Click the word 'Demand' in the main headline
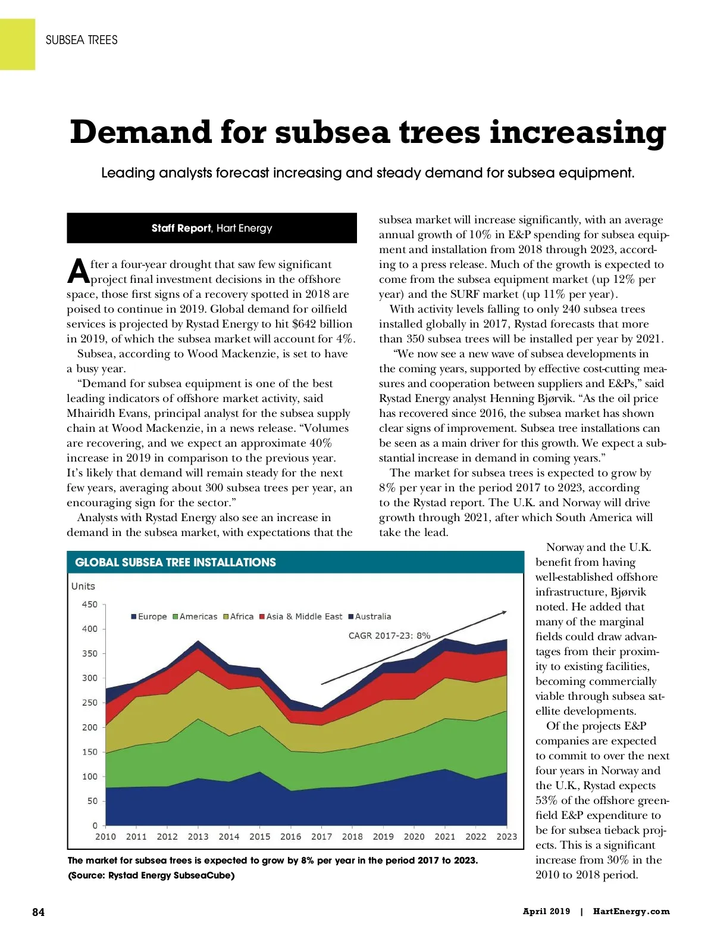point(140,132)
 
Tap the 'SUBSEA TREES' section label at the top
point(82,40)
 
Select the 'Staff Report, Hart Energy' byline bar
point(212,228)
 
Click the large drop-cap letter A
point(78,272)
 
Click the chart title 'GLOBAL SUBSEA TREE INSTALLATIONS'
point(176,562)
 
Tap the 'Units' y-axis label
point(83,586)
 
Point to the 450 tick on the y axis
point(89,604)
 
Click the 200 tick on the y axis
point(89,727)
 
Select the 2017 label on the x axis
point(321,836)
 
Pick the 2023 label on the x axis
point(506,836)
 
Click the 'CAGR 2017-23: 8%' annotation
point(389,635)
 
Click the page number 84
point(38,912)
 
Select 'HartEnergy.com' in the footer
point(631,911)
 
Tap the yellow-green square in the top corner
point(17,44)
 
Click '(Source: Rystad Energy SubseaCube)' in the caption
point(151,875)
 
